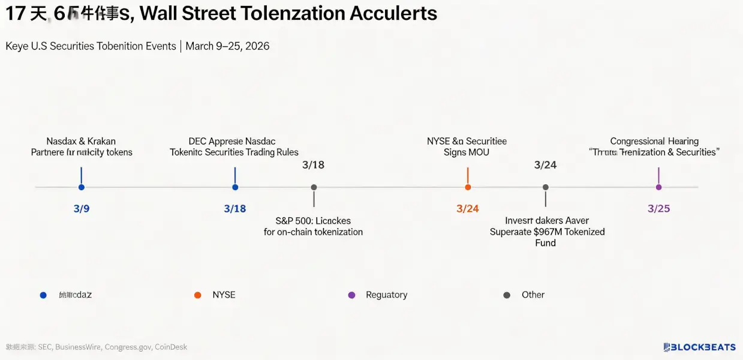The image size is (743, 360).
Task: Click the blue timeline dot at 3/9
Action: point(81,187)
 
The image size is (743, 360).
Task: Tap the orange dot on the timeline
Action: point(468,187)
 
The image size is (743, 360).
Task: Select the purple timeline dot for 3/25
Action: point(658,187)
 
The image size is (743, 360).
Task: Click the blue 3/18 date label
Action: point(235,209)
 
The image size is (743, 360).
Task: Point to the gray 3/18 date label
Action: point(313,165)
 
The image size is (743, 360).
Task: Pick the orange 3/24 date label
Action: point(468,209)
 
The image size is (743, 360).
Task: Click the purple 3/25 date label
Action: point(658,209)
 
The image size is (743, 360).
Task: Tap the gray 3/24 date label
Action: point(545,165)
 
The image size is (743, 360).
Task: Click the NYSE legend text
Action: point(224,295)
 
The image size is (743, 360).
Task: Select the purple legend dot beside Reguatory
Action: point(352,295)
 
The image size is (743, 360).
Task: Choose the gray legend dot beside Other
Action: point(507,295)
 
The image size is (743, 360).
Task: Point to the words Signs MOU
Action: point(467,152)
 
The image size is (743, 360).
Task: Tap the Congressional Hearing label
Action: point(654,141)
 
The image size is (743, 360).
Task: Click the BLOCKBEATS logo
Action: point(700,347)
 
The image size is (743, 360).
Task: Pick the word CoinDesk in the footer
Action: point(171,347)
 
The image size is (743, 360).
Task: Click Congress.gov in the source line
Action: point(128,347)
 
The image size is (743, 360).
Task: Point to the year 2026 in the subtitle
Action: point(257,46)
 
